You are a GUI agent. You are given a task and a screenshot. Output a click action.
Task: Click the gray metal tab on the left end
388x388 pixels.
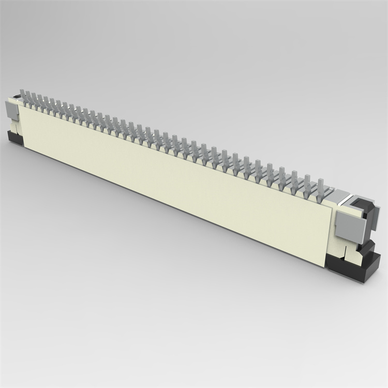[11, 110]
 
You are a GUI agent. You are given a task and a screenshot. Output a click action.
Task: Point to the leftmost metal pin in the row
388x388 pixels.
[23, 96]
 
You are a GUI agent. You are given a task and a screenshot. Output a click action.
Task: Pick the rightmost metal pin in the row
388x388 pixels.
[321, 187]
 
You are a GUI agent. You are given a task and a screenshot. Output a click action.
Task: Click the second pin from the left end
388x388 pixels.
[28, 98]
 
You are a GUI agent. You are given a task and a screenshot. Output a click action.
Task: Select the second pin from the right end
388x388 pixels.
[307, 183]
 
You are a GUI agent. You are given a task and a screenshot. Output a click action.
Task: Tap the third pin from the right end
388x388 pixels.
[294, 179]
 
